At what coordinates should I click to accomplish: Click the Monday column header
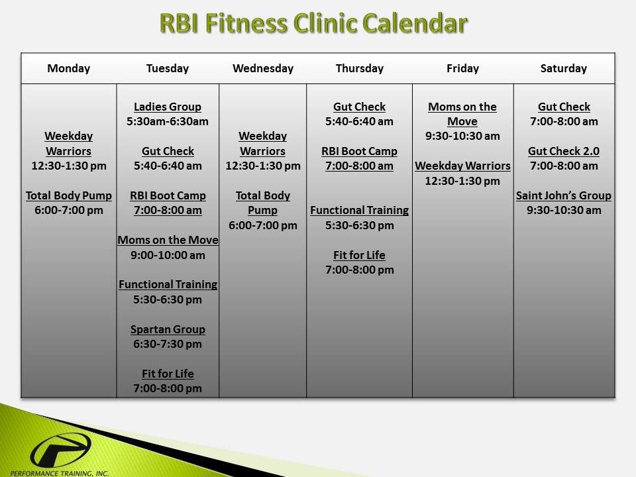point(69,68)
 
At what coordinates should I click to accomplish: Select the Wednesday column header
point(263,68)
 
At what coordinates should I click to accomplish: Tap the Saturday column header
point(564,68)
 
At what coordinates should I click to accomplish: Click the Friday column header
point(462,68)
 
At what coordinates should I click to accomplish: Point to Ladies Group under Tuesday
point(168,107)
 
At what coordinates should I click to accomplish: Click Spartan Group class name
point(168,329)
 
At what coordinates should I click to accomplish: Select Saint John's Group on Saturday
point(564,195)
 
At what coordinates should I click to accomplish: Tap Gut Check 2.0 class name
point(564,151)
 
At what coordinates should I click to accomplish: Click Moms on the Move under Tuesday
point(168,240)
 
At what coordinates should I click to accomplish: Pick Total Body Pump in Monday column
point(69,195)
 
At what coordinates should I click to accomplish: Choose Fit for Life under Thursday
point(359,255)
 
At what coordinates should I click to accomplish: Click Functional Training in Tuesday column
point(168,284)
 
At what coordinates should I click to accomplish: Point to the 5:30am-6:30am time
point(168,121)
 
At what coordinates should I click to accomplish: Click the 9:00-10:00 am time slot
point(168,255)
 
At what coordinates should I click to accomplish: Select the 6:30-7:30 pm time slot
point(168,344)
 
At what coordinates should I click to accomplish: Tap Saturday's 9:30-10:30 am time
point(564,210)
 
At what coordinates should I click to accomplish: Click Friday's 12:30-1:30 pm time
point(462,181)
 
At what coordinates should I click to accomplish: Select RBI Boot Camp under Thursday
point(359,151)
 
